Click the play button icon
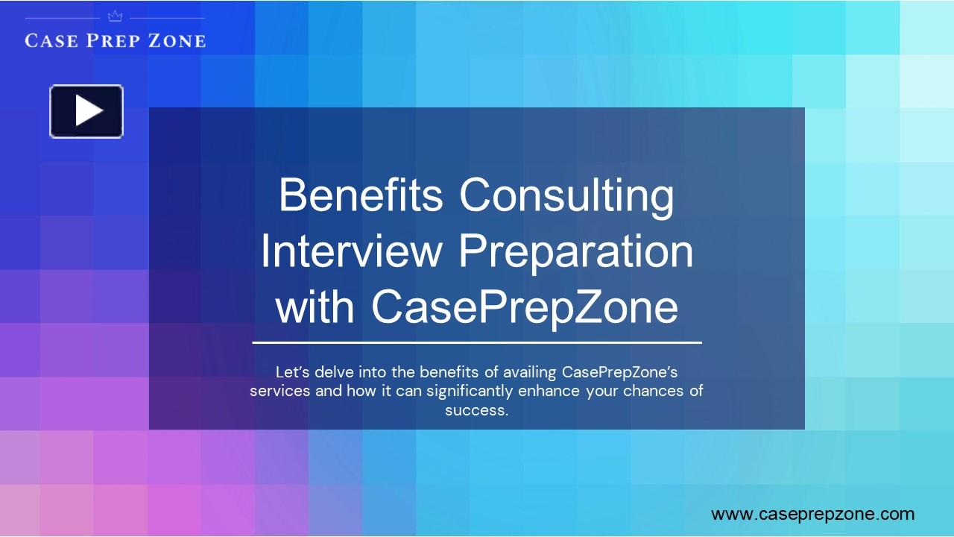click(x=86, y=111)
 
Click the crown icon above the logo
click(x=115, y=16)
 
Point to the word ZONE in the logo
click(x=177, y=40)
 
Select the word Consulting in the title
click(x=566, y=196)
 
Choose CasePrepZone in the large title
click(x=525, y=307)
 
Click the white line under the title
click(x=477, y=343)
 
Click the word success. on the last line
click(x=477, y=410)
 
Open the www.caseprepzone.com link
click(x=812, y=514)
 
